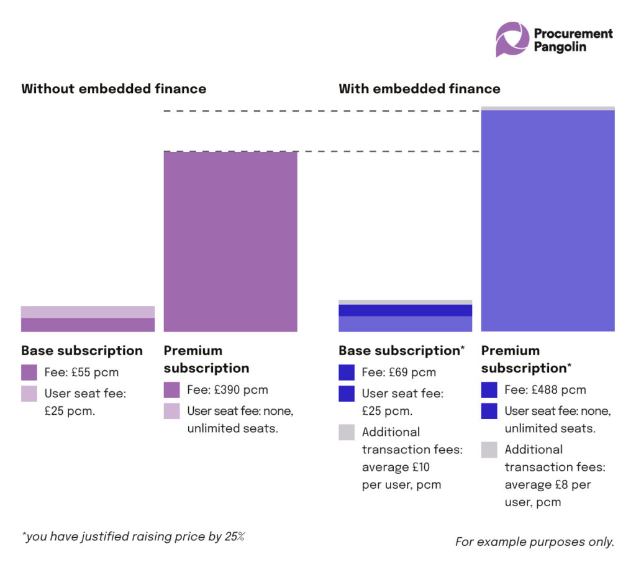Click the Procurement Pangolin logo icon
512,39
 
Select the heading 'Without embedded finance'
114,89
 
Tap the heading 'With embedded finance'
419,89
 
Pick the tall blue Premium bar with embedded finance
548,220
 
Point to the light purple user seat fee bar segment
88,312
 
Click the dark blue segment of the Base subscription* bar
405,311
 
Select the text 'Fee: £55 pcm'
81,373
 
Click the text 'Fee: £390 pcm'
227,390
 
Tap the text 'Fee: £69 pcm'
399,373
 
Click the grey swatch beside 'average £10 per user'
347,432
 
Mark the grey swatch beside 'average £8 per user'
489,450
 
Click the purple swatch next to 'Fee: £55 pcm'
29,373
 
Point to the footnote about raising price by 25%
133,537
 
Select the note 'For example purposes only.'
534,542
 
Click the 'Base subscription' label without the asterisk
82,351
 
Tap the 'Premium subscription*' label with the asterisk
526,360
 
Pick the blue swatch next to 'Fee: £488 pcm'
489,390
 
